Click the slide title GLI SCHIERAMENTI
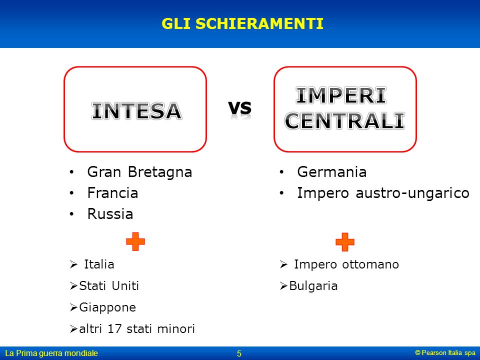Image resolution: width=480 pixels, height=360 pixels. coord(242,23)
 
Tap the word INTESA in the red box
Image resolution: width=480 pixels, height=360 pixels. coord(136,111)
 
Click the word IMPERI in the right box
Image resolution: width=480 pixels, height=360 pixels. coord(340,95)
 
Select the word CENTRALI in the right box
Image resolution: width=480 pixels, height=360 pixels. coord(344,120)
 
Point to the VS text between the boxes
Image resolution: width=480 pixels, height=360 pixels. coord(239,108)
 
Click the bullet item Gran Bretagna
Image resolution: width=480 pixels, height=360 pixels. coord(139,172)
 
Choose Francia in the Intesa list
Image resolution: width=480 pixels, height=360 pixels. coord(112,193)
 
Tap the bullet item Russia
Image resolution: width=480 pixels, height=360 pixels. coord(110,213)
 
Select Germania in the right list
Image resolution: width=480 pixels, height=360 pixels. coord(332,171)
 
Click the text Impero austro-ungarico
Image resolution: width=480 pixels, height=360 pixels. coord(383,193)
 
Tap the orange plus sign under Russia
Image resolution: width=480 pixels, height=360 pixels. coord(135,241)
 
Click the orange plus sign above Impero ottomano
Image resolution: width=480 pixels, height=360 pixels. coord(345,242)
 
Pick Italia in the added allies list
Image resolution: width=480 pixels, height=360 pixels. coord(99,264)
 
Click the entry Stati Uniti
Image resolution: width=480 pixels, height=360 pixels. coord(109,285)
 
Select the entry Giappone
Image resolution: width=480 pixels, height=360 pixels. coord(107,307)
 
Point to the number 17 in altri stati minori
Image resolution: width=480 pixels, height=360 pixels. coord(114,329)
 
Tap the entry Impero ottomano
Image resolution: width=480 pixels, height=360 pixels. coord(346,264)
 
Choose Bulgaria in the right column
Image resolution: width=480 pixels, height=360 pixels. coord(313,286)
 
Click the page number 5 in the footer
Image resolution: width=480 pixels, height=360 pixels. coord(239,353)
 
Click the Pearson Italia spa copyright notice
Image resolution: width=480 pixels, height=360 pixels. coord(445,352)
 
